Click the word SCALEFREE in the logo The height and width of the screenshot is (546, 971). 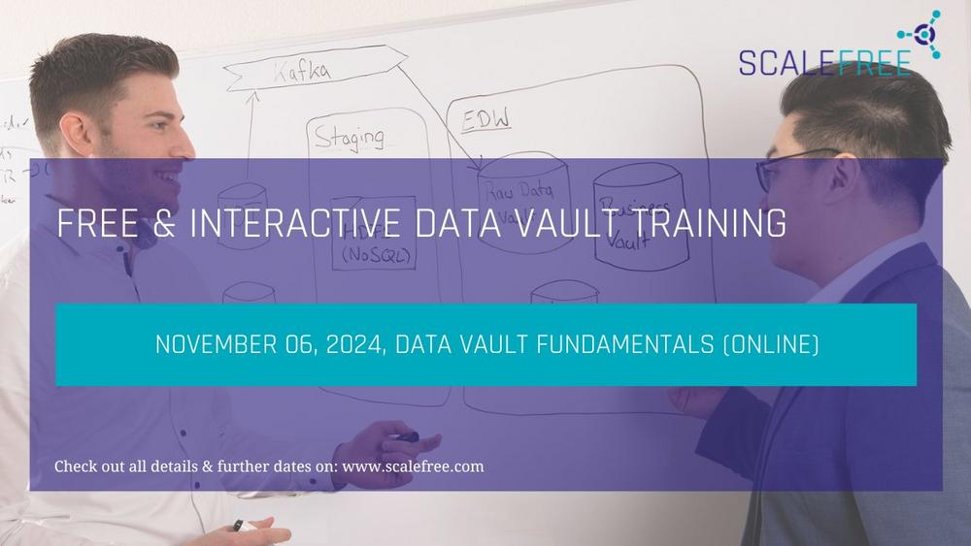pyautogui.click(x=824, y=62)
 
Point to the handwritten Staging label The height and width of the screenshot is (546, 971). pyautogui.click(x=349, y=139)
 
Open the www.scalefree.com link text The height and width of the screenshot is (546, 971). pyautogui.click(x=413, y=466)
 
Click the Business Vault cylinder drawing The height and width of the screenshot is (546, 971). pyautogui.click(x=641, y=217)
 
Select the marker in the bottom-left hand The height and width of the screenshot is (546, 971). pyautogui.click(x=237, y=525)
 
